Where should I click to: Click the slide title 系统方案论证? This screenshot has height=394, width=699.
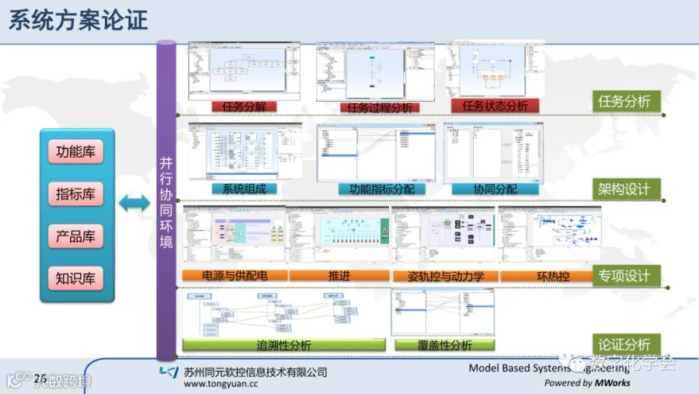coord(78,19)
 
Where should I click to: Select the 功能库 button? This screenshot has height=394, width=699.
coord(75,152)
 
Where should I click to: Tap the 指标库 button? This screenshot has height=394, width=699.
coord(75,194)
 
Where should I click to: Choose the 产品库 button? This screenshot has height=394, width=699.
coord(75,236)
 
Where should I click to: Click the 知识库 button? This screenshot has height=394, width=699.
coord(75,278)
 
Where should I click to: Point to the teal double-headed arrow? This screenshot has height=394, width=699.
coord(134,204)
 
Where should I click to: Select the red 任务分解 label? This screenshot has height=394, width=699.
coord(244,106)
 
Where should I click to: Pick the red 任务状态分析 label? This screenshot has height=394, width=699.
coord(495,106)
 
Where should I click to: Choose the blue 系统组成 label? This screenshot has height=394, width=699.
coord(244,189)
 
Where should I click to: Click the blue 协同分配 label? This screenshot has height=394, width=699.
coord(495,189)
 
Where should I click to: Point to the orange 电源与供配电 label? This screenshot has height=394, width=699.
coord(235,275)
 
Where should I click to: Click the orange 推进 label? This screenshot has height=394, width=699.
coord(339,275)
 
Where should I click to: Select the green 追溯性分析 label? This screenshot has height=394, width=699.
coord(283,344)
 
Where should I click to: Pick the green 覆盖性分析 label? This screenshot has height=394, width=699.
coord(444,344)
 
